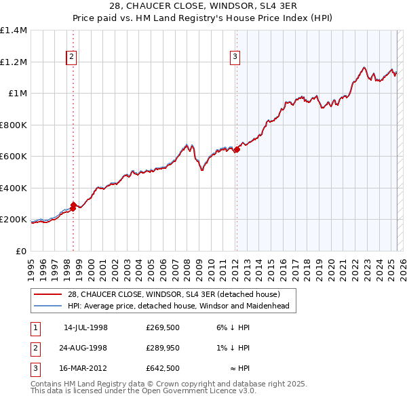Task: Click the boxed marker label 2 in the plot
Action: click(x=71, y=58)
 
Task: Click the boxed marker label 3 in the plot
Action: click(x=235, y=58)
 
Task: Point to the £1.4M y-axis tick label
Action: click(x=14, y=31)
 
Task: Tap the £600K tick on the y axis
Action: click(x=14, y=157)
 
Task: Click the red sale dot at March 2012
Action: click(x=237, y=150)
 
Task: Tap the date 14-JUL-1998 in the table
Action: click(x=85, y=327)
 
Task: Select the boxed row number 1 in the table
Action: click(x=34, y=327)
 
